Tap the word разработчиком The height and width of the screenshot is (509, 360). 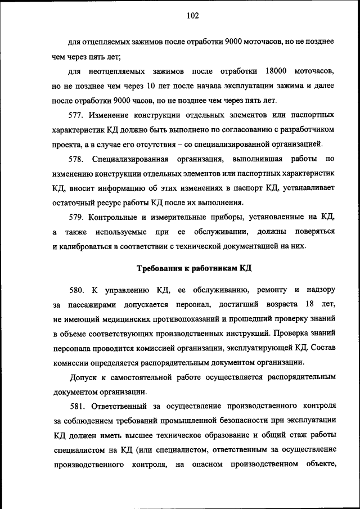click(x=305, y=130)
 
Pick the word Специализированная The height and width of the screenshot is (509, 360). click(x=137, y=159)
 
